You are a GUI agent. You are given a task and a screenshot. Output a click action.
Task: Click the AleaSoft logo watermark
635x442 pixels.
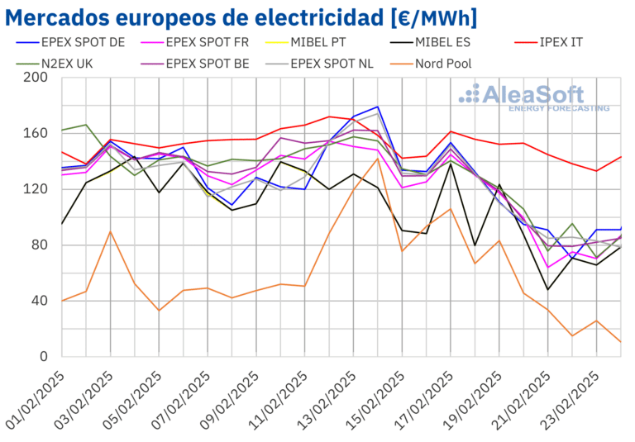(533, 97)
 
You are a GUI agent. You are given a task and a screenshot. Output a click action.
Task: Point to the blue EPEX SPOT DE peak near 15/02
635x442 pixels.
(378, 107)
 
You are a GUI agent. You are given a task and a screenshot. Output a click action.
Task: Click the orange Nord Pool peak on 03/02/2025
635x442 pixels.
(111, 231)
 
